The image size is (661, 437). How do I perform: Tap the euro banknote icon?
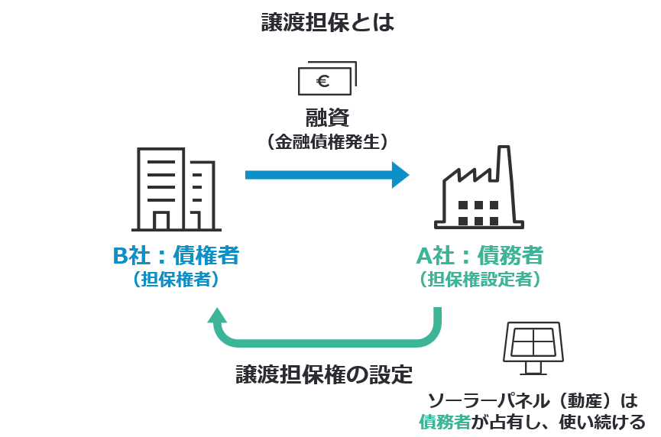(327, 78)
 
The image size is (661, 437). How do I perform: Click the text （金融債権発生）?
(328, 141)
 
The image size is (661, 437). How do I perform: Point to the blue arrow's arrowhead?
(400, 174)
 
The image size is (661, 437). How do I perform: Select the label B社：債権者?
(177, 254)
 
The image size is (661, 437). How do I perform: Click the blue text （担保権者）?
(177, 280)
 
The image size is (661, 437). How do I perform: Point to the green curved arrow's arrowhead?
(219, 316)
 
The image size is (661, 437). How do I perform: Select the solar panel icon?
(533, 348)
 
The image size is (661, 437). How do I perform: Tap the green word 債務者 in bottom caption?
(444, 421)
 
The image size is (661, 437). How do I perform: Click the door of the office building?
(161, 221)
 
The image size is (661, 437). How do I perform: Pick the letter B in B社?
(121, 255)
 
